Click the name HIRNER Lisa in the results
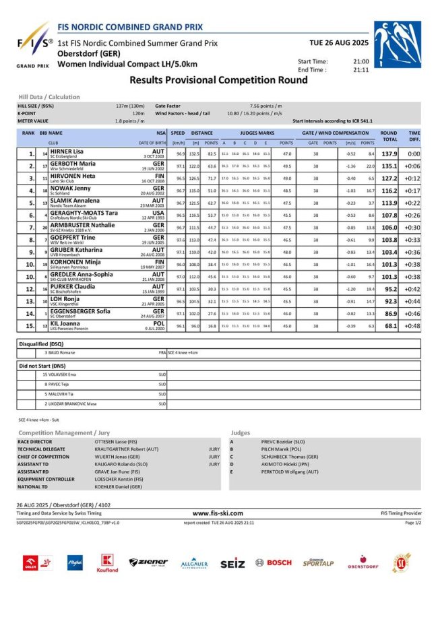pyautogui.click(x=67, y=152)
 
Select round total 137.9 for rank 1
pyautogui.click(x=389, y=154)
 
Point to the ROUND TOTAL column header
pyautogui.click(x=389, y=136)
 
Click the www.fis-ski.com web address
pyautogui.click(x=218, y=513)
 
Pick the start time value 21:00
pyautogui.click(x=361, y=61)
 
